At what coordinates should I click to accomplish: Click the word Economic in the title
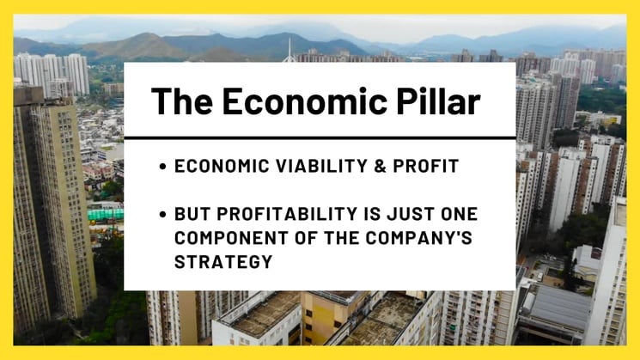point(304,101)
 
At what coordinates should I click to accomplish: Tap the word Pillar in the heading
point(438,101)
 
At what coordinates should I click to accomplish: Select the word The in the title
point(182,101)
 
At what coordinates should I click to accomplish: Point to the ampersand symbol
point(380,166)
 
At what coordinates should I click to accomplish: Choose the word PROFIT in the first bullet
point(426,166)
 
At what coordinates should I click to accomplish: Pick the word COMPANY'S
point(418,238)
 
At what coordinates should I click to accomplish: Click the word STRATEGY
point(223,262)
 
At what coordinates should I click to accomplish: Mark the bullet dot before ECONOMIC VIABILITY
point(163,167)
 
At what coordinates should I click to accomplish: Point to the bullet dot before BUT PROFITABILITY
point(163,214)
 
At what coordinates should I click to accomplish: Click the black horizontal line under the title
point(320,138)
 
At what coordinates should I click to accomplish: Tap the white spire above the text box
point(290,51)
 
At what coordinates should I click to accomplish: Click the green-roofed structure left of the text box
point(106,214)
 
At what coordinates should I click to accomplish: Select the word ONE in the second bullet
point(460,214)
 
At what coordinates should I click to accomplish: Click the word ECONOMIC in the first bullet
point(222,166)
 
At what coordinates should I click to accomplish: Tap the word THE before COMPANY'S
point(342,238)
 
